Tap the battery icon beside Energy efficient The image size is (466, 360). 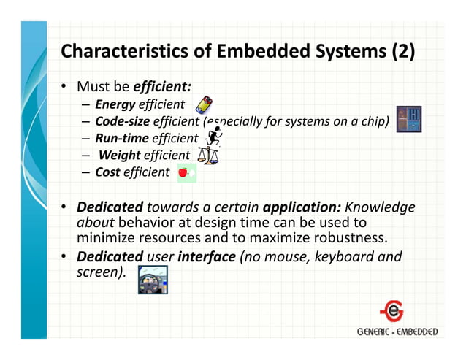204,105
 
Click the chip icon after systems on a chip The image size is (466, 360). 408,120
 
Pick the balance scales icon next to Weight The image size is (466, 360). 207,155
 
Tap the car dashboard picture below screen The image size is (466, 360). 153,280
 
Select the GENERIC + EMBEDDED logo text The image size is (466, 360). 397,332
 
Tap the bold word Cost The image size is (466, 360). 107,172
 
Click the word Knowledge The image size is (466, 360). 380,207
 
